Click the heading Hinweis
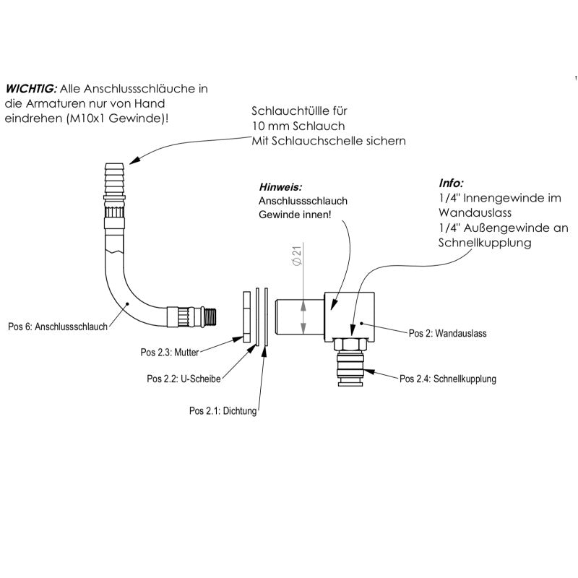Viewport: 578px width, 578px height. coord(279,186)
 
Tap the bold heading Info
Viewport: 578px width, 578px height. coord(452,183)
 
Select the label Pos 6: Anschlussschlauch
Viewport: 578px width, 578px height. coord(57,327)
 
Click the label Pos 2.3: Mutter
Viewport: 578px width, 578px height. coord(169,353)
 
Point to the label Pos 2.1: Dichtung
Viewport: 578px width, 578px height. coord(223,411)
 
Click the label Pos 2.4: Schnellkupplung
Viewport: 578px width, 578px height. coord(448,378)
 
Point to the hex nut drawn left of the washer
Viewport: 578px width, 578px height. coord(246,316)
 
